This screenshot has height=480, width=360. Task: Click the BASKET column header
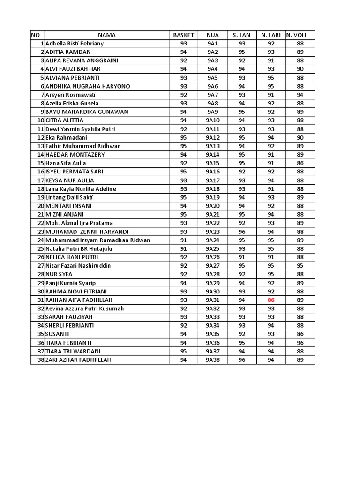point(183,35)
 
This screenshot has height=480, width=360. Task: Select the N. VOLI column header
point(300,35)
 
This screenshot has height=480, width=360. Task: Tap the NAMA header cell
point(107,35)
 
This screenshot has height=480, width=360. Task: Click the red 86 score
point(271,300)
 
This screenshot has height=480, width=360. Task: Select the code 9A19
point(212,197)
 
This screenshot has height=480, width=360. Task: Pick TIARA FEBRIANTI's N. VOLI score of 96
point(300,343)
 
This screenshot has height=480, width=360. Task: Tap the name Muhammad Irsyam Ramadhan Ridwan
point(97,240)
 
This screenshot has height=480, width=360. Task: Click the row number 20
point(41,206)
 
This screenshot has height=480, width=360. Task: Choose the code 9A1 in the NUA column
point(212,44)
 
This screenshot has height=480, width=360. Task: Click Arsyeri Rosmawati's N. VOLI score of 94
point(300,95)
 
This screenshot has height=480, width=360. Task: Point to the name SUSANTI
point(58,334)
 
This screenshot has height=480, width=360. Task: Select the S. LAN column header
point(241,35)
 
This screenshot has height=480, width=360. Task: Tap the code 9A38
point(212,360)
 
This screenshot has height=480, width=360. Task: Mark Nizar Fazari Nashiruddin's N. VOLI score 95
point(300,266)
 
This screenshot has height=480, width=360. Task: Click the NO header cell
point(36,35)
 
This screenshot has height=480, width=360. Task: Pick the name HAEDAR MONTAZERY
point(75,155)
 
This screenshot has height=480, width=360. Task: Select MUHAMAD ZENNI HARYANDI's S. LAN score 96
point(241,232)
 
